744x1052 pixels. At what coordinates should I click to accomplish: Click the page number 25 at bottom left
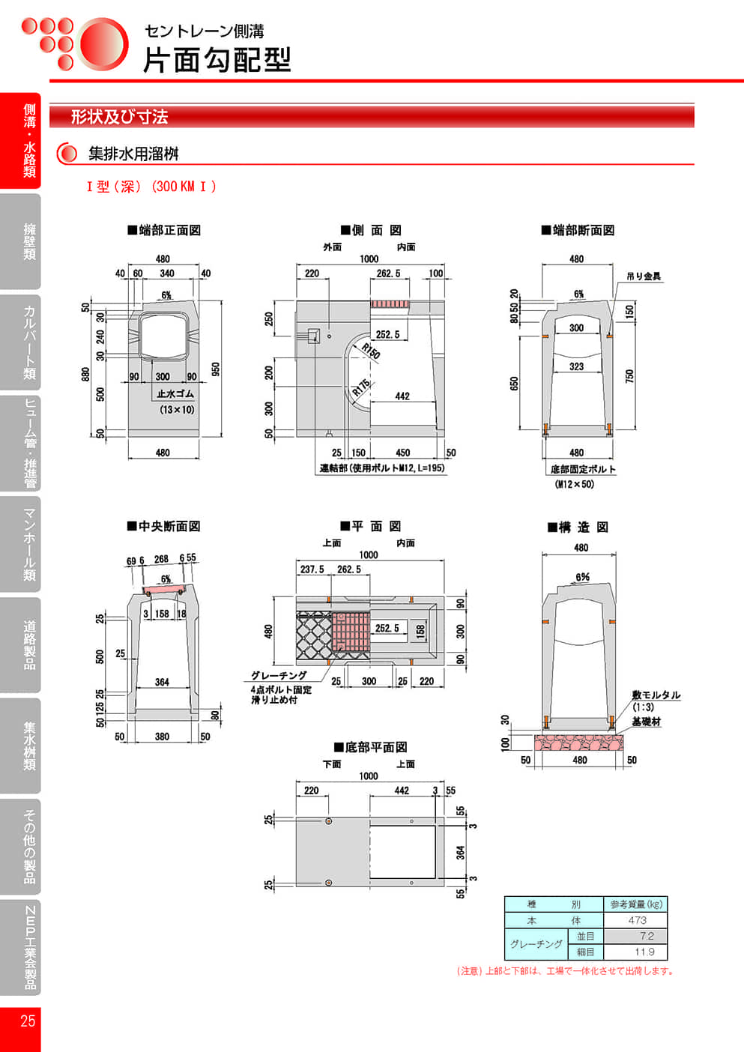(x=28, y=1021)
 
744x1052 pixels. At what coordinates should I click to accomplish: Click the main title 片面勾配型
(x=217, y=60)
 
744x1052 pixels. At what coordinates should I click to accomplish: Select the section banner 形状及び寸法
(x=119, y=117)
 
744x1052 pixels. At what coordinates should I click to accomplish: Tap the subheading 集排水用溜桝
(x=133, y=154)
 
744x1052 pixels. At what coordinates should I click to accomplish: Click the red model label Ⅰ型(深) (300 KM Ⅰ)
(x=151, y=187)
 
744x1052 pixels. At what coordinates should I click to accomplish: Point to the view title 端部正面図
(x=164, y=230)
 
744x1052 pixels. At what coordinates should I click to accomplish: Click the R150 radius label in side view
(x=371, y=351)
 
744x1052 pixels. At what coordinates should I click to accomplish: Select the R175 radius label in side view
(x=361, y=388)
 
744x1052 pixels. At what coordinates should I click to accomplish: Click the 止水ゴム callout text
(x=175, y=393)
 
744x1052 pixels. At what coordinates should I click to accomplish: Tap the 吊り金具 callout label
(x=644, y=276)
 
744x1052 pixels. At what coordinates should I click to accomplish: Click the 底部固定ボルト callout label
(x=583, y=469)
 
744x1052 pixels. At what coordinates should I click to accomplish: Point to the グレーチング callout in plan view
(x=279, y=675)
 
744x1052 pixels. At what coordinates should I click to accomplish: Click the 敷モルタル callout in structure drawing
(x=656, y=695)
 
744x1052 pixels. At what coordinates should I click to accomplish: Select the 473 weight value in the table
(x=637, y=920)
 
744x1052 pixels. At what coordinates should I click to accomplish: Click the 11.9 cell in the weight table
(x=644, y=952)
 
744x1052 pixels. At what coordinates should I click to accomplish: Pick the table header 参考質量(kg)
(x=636, y=904)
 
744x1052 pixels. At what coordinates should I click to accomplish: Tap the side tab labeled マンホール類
(x=29, y=544)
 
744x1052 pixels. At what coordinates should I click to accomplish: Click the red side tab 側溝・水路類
(x=29, y=141)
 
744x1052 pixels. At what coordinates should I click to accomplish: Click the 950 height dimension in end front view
(x=216, y=369)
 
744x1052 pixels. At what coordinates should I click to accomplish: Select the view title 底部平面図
(x=371, y=747)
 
